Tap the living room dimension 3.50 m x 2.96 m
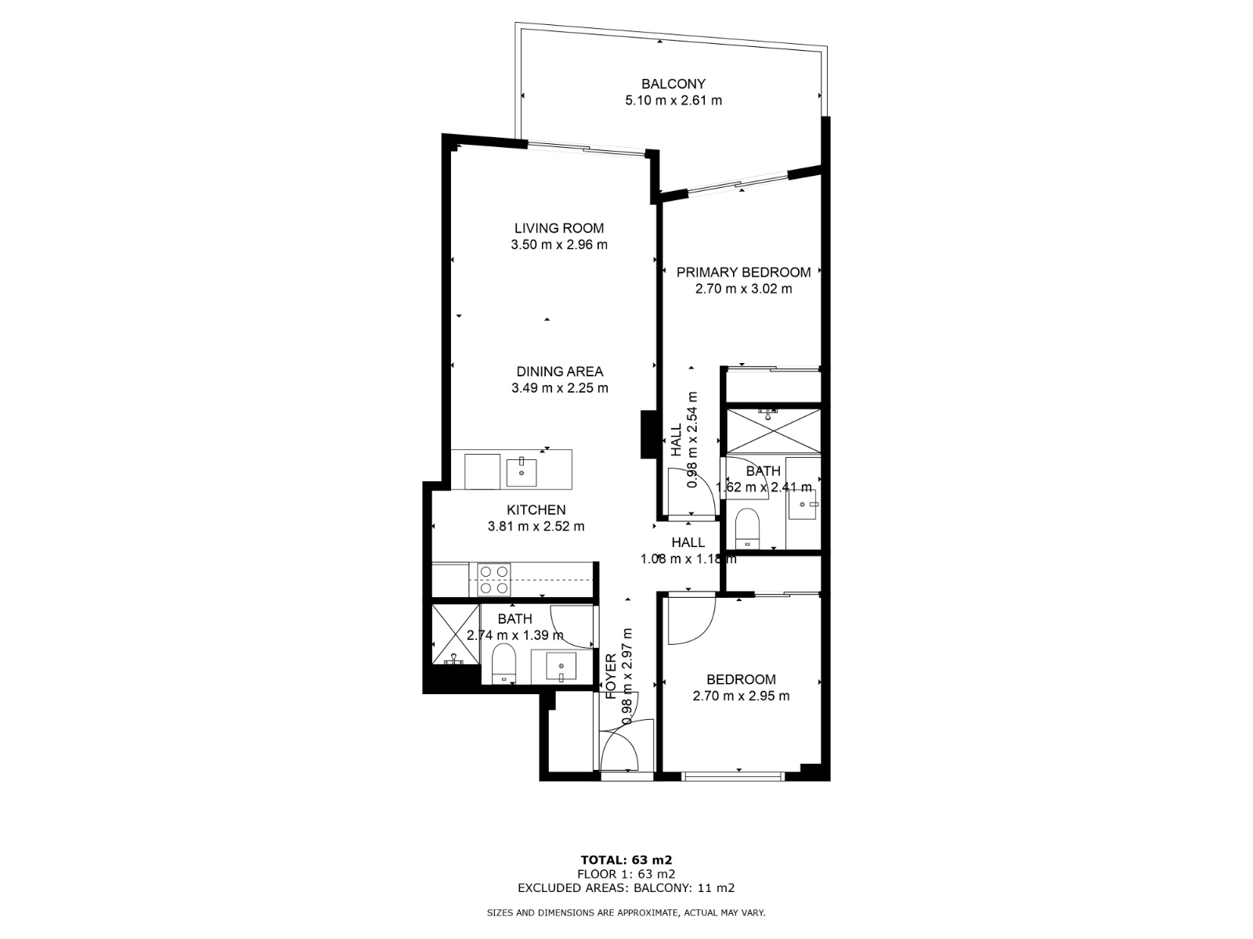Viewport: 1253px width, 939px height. [x=559, y=245]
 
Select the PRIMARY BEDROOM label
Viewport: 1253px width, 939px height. [x=743, y=272]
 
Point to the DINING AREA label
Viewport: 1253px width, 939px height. [x=559, y=372]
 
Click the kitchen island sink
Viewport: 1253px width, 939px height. [x=522, y=473]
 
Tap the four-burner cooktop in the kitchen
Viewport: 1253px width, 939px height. [x=493, y=580]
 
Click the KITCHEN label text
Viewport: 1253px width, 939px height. [x=536, y=510]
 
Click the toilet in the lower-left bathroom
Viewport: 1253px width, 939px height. [x=504, y=665]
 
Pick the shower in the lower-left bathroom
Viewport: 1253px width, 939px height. [x=453, y=634]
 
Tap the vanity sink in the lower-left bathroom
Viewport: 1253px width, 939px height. [x=561, y=667]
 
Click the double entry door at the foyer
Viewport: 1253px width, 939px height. [x=626, y=745]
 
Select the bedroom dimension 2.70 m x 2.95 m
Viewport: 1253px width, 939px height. [x=741, y=696]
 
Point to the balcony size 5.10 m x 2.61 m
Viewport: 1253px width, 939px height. [x=673, y=100]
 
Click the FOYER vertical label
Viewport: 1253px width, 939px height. [x=612, y=675]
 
